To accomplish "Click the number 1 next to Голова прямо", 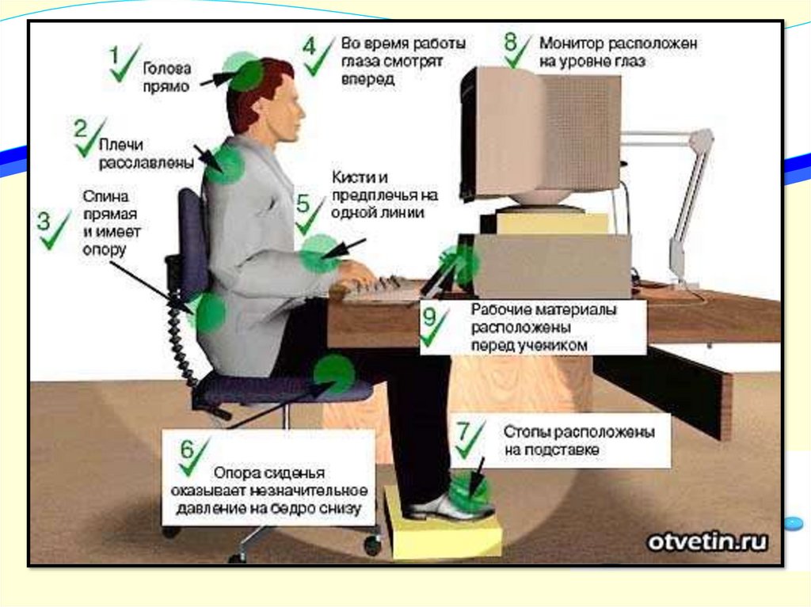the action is pos(114,55).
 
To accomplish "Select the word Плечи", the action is pos(120,144).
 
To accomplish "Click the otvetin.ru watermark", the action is pos(707,541).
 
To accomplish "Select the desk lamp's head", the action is pos(702,138).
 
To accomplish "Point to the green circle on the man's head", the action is pos(242,71).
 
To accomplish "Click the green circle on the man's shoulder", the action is pos(223,164).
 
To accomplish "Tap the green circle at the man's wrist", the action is pos(320,253).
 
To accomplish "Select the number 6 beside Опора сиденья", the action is pos(187,450).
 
